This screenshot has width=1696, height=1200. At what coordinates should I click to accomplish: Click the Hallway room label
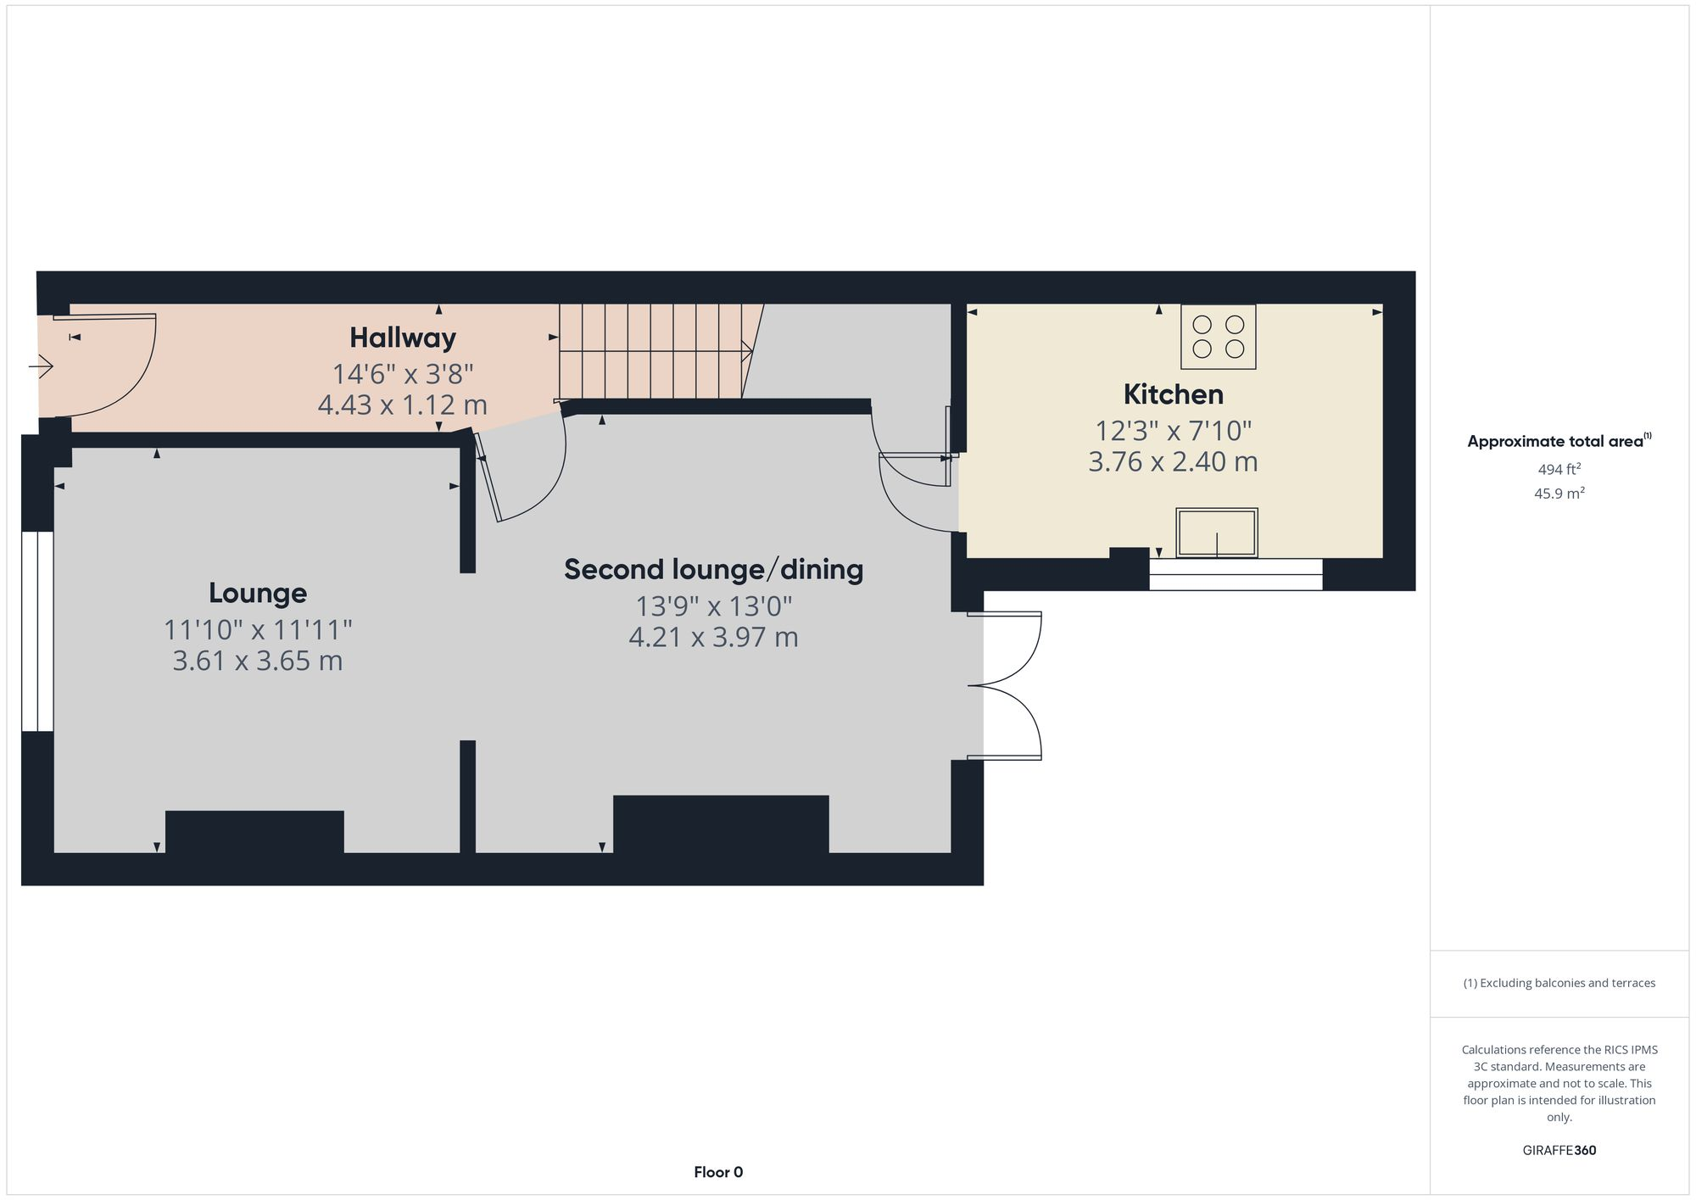coord(403,338)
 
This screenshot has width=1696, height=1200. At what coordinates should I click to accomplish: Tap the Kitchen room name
coord(1173,394)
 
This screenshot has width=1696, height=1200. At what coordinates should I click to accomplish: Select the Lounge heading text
coord(258,593)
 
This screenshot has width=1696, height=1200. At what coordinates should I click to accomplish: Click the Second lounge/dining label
coord(713,569)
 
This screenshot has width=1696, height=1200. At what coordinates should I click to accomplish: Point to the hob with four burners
coord(1218,337)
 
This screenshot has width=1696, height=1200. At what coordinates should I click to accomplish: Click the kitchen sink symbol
coord(1216,533)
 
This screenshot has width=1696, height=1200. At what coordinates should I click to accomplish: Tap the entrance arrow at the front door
coord(42,366)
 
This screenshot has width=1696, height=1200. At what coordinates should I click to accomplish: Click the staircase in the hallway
coord(653,351)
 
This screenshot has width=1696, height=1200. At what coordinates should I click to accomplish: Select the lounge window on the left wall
coord(37,631)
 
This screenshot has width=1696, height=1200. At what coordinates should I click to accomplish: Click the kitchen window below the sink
coord(1236,574)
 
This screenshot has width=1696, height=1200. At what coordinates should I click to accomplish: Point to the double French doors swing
coord(1009,685)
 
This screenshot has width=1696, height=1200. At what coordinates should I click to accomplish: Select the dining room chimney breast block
coord(721,823)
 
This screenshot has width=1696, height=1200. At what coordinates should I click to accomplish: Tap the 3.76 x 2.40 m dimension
coord(1173,462)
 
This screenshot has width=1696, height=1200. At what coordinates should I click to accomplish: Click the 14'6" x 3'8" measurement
coord(403,373)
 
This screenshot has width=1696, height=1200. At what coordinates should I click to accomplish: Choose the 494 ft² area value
coord(1559,469)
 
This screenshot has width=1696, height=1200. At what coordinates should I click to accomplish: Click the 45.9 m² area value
coord(1559,494)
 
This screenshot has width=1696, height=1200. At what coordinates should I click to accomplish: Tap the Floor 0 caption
coord(718,1172)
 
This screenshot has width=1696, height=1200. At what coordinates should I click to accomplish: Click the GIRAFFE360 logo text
coord(1559,1150)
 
